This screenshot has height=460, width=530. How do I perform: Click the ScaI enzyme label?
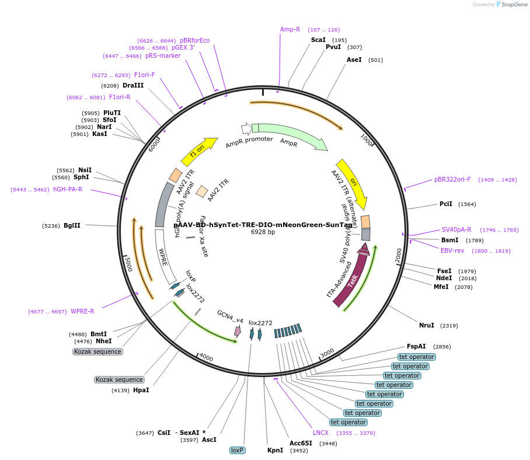pyautogui.click(x=318, y=40)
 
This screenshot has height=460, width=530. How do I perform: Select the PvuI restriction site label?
pyautogui.click(x=333, y=47)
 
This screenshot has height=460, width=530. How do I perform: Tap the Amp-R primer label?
pyautogui.click(x=290, y=29)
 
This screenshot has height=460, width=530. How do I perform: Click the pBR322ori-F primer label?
pyautogui.click(x=452, y=180)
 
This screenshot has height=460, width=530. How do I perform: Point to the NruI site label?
pyautogui.click(x=427, y=325)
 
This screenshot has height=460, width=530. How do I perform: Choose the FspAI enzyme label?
pyautogui.click(x=416, y=346)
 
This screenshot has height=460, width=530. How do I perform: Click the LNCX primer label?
pyautogui.click(x=320, y=433)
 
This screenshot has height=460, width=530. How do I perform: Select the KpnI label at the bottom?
pyautogui.click(x=275, y=450)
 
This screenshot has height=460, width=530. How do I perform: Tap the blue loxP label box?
pyautogui.click(x=237, y=450)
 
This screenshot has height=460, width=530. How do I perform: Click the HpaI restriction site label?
pyautogui.click(x=141, y=390)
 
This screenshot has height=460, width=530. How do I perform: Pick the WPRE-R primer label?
pyautogui.click(x=82, y=311)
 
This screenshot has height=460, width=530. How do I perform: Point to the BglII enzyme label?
pyautogui.click(x=72, y=225)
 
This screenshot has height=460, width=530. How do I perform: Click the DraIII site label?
pyautogui.click(x=133, y=85)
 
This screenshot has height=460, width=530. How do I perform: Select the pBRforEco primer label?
pyautogui.click(x=194, y=40)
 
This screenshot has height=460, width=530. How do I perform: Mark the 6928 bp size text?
pyautogui.click(x=263, y=232)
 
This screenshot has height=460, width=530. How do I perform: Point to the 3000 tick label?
pyautogui.click(x=327, y=353)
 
